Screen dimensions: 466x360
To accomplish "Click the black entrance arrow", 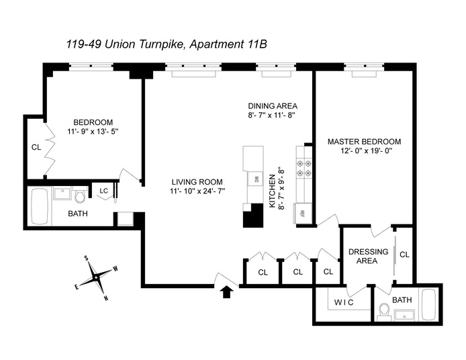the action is [227, 291].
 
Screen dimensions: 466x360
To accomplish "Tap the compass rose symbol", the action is [96, 277].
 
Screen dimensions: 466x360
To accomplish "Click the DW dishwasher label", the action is [257, 179].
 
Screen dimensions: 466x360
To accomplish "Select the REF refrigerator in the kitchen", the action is [303, 213].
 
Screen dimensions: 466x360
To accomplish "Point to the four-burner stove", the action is [304, 168].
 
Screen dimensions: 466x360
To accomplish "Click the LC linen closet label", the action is [103, 191].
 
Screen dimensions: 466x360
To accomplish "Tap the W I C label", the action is [344, 302].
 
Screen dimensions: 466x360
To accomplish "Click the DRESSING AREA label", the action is [368, 257].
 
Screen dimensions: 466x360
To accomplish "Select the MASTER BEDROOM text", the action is [364, 142].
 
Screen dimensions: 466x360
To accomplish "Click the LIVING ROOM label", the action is [197, 181].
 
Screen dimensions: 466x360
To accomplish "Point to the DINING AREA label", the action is [273, 106].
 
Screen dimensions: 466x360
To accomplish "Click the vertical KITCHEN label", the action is [272, 191].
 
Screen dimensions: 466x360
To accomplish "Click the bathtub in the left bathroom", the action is [40, 206].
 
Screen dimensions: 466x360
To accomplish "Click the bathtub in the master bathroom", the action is [428, 304].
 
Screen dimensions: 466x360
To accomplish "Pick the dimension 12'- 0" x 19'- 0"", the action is [367, 150].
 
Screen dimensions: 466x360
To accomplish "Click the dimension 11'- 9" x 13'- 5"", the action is [93, 132].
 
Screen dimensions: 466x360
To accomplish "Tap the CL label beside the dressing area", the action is [404, 255].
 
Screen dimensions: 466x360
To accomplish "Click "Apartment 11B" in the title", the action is [228, 44].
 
